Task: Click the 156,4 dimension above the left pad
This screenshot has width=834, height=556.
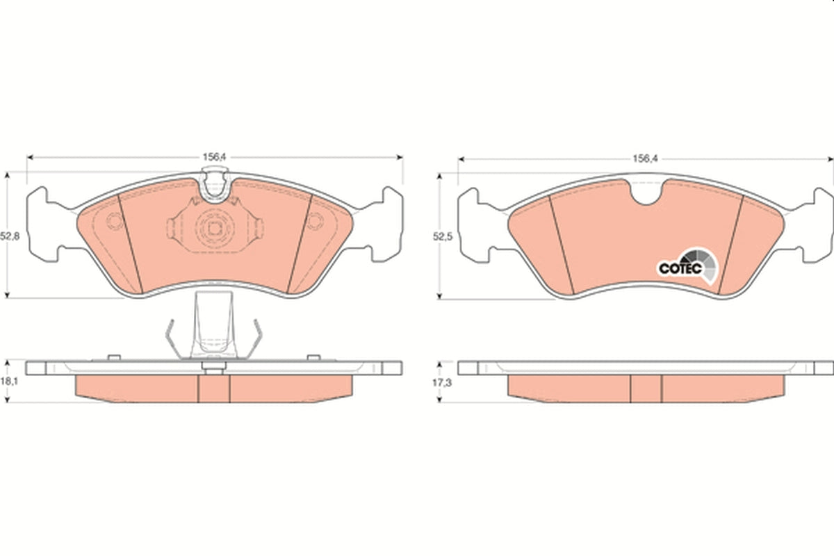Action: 214,157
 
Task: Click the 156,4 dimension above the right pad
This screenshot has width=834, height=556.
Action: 645,159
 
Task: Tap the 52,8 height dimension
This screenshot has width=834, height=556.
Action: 10,236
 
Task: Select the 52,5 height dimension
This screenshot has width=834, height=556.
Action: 442,236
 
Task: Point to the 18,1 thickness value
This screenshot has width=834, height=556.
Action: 9,382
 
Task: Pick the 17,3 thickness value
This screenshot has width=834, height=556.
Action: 441,382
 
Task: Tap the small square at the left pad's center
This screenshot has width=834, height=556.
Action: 214,228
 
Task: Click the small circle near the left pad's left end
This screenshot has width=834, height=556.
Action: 114,221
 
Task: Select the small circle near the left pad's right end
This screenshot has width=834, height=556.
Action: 315,221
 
